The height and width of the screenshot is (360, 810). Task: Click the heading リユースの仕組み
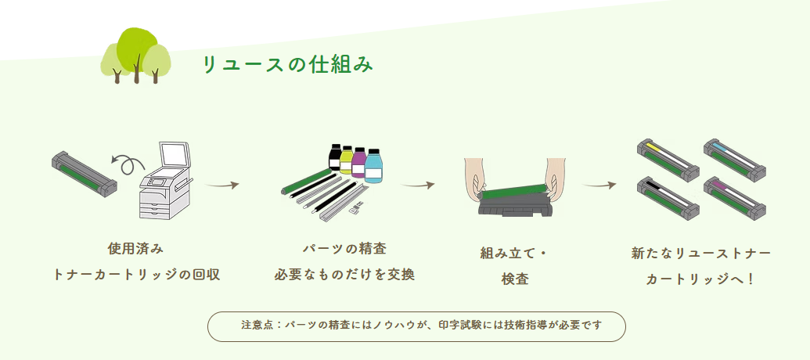click(x=287, y=65)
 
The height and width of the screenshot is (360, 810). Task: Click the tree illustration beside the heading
click(x=135, y=56)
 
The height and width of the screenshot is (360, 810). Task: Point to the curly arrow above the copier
click(x=128, y=164)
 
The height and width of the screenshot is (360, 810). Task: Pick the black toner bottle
click(x=335, y=158)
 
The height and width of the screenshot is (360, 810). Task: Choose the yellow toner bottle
click(x=346, y=161)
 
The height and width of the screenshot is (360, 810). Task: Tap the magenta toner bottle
click(x=359, y=164)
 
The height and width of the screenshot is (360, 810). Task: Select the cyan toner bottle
click(x=373, y=166)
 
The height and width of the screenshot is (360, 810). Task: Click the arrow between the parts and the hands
click(x=417, y=185)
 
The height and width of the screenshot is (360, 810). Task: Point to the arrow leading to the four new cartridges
click(x=599, y=185)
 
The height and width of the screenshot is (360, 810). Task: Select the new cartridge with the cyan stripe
click(x=734, y=157)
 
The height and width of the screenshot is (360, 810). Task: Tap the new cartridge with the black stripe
click(x=668, y=196)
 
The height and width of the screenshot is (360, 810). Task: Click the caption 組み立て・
click(x=515, y=253)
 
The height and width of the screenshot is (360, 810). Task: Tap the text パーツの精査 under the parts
click(x=344, y=249)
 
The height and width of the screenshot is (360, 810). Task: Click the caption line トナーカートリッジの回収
click(x=135, y=275)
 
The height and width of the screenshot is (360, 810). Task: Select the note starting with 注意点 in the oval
click(x=416, y=326)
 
